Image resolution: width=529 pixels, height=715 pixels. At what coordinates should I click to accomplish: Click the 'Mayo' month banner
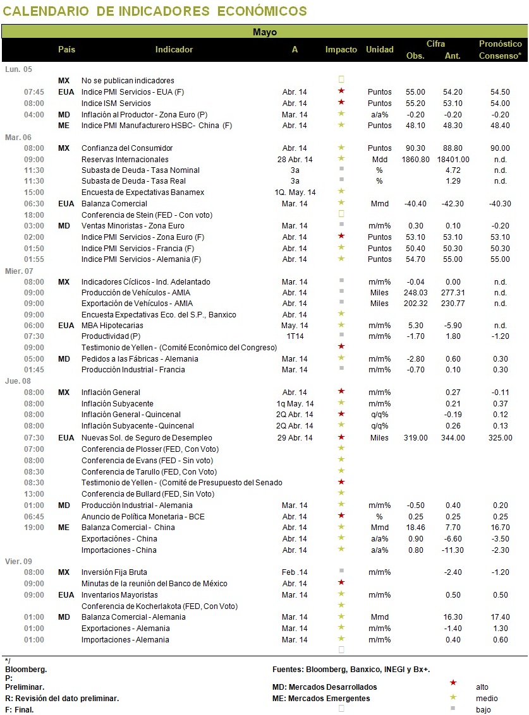point(264,32)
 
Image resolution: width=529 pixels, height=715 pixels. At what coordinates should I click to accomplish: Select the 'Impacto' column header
point(341,49)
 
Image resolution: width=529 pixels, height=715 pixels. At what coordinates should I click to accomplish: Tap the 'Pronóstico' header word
point(500,44)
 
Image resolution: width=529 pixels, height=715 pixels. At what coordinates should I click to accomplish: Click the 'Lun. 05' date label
point(19,69)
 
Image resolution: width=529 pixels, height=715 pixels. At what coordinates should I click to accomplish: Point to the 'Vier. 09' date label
point(19,561)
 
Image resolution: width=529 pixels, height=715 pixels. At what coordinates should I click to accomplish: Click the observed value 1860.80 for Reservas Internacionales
point(415,160)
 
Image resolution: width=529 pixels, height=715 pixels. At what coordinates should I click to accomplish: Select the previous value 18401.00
point(453,160)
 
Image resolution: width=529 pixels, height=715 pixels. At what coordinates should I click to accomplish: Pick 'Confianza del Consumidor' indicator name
point(127,148)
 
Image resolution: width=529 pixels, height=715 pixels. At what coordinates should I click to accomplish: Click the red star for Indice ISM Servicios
point(341,102)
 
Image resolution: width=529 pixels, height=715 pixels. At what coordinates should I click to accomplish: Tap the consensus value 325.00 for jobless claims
point(500,438)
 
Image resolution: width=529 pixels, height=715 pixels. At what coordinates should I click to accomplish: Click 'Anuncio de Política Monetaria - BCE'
point(143,517)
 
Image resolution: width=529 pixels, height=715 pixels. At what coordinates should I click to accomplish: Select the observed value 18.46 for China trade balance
point(415,528)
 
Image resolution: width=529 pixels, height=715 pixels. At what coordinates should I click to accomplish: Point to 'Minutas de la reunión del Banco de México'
point(154,584)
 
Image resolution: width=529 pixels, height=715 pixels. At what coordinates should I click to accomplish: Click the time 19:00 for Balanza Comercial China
point(34,528)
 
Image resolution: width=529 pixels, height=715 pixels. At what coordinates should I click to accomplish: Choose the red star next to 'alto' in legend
point(453,683)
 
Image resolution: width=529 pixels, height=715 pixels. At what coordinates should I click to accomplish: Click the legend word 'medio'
point(487,699)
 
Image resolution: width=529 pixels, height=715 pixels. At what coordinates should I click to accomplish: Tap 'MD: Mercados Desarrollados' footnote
point(325,687)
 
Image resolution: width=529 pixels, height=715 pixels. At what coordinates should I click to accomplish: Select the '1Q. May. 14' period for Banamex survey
point(295,192)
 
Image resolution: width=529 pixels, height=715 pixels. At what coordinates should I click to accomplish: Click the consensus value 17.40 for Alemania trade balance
point(500,617)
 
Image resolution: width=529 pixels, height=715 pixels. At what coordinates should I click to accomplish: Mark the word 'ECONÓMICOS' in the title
point(262,11)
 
